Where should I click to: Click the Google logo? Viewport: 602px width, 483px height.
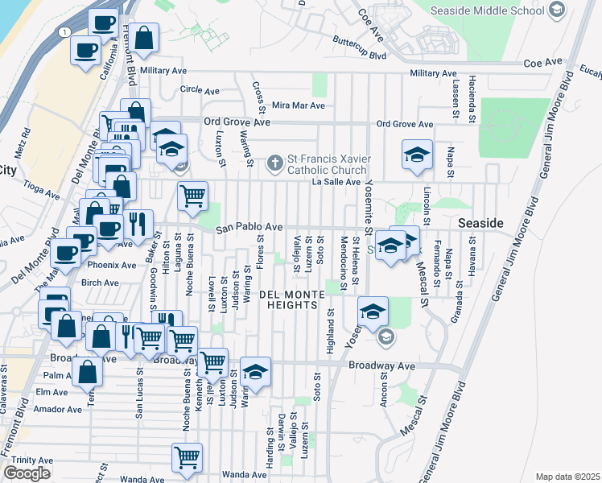pos(27,473)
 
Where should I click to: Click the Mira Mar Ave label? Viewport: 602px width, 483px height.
pos(298,105)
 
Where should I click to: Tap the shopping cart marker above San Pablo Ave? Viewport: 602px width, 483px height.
pos(193,196)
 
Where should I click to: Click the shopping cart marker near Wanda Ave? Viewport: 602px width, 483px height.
pos(187,457)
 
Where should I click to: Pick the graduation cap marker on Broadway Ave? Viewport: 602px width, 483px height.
pos(256,371)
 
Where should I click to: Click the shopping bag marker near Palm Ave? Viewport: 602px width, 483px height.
pos(87,371)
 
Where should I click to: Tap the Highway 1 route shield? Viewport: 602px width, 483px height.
pos(62,31)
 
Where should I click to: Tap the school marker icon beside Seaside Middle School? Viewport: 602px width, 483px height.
pos(556,10)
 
